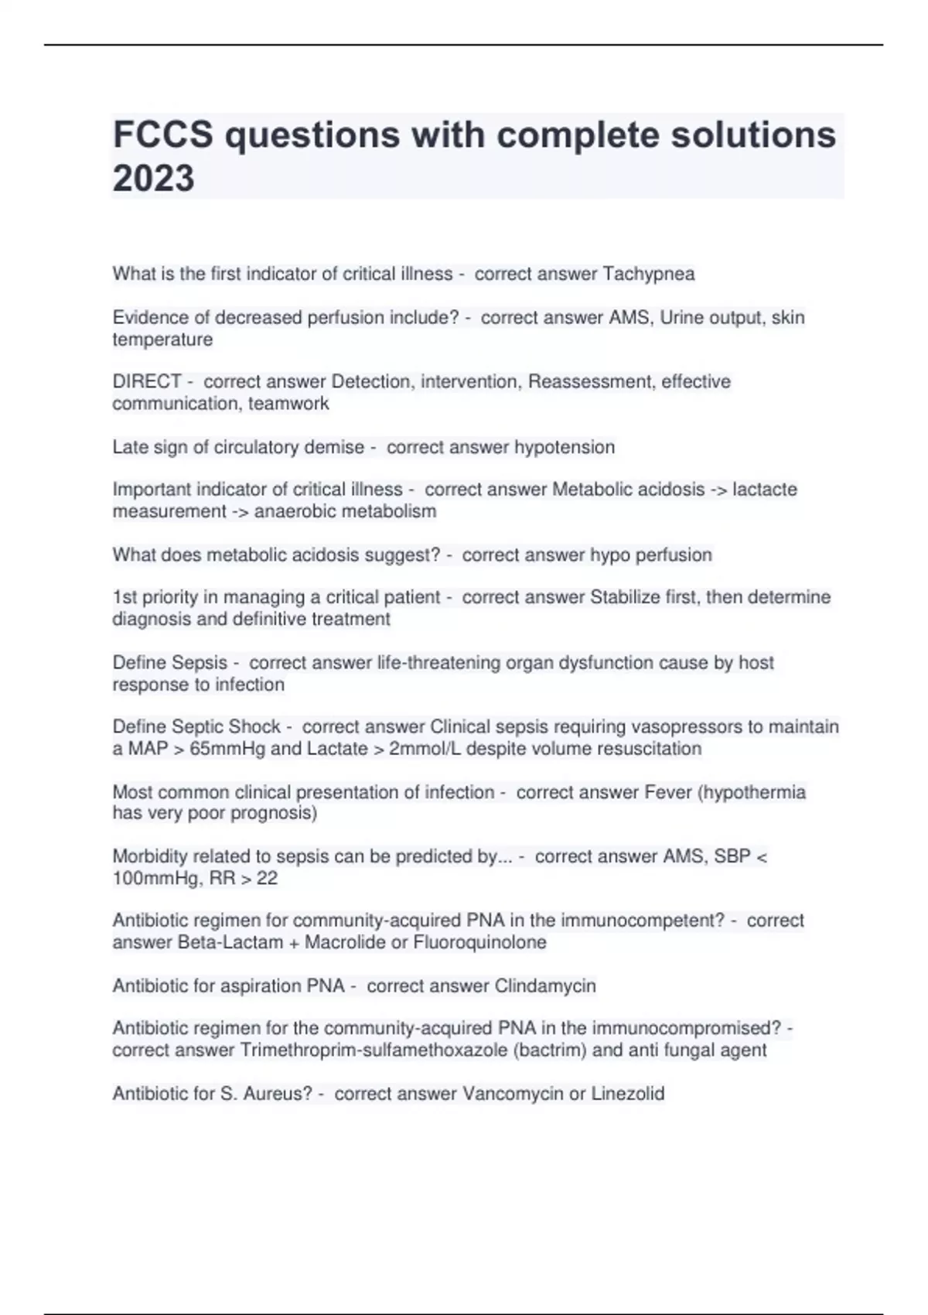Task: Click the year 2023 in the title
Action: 153,178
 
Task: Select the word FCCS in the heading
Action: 162,135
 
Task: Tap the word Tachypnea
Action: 648,274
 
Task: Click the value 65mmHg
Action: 226,749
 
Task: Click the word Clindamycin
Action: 544,986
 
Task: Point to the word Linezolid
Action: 628,1094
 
